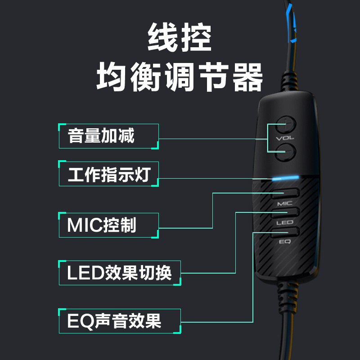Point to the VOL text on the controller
click(285, 138)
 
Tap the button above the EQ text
click(285, 232)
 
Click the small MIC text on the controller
click(285, 203)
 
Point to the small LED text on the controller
click(285, 222)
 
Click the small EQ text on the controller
click(285, 242)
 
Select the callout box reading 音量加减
click(109, 136)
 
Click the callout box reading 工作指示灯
click(109, 174)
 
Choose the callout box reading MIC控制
click(109, 225)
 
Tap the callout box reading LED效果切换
click(120, 272)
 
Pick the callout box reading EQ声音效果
click(120, 321)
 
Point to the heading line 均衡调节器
click(180, 77)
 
